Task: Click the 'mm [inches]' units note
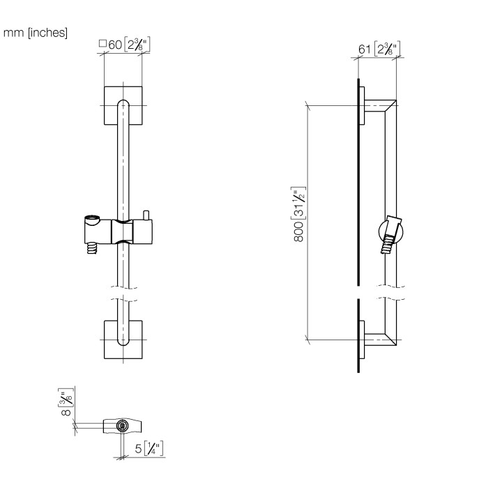click(x=36, y=33)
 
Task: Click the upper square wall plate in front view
click(x=123, y=106)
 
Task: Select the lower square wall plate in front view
click(x=123, y=340)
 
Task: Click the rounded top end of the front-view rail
click(x=123, y=105)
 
